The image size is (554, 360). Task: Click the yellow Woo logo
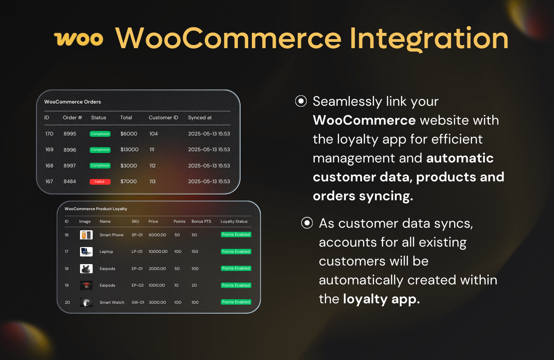(79, 39)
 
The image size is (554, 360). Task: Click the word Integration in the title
(429, 39)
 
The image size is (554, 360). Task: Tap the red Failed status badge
(100, 182)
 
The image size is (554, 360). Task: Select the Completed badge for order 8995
(100, 134)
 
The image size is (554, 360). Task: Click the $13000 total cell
(130, 149)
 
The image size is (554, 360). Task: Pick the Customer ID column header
(163, 117)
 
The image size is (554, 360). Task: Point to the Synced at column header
(200, 117)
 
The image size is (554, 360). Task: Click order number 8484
(70, 181)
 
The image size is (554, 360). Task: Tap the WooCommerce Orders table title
(72, 102)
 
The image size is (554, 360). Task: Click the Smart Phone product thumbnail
(86, 235)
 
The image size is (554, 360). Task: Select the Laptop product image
(86, 252)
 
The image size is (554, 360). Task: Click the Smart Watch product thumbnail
(86, 302)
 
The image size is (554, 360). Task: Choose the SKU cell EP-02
(138, 285)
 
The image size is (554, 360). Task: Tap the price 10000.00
(158, 252)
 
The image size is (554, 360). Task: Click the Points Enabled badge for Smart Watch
(236, 302)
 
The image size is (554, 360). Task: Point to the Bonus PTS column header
(201, 221)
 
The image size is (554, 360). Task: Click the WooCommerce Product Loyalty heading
(96, 209)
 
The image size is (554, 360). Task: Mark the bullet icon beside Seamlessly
(301, 101)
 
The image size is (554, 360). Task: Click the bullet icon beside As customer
(307, 223)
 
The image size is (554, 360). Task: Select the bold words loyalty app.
(381, 299)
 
